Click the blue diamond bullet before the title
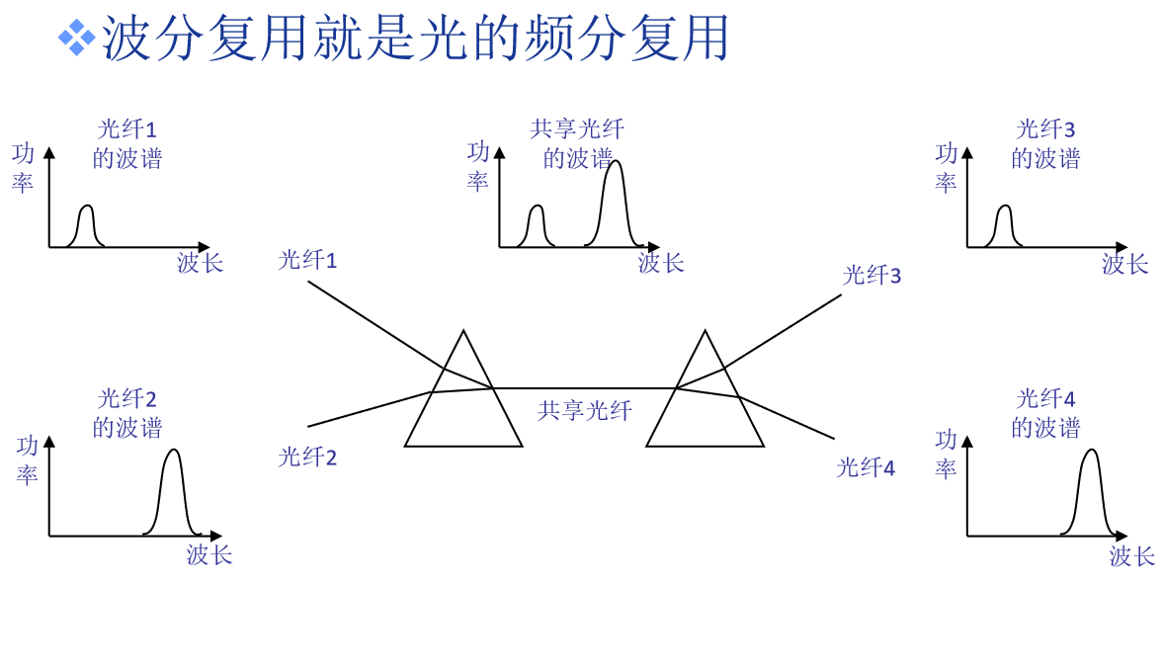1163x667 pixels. pos(76,38)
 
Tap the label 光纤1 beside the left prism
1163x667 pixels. pos(307,260)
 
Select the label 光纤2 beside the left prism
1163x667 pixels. pos(307,458)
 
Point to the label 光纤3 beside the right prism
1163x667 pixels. pos(872,276)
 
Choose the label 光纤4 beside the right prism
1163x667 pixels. pos(866,467)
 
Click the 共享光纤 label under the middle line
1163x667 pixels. pos(585,410)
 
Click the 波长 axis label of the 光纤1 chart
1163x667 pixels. pos(201,263)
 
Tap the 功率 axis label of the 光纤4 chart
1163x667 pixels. pos(946,454)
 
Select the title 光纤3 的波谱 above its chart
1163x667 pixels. pos(1045,144)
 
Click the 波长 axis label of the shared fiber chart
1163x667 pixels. pos(661,263)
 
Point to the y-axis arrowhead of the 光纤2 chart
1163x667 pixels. pos(49,442)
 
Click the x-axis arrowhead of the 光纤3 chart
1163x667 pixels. pos(1121,247)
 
